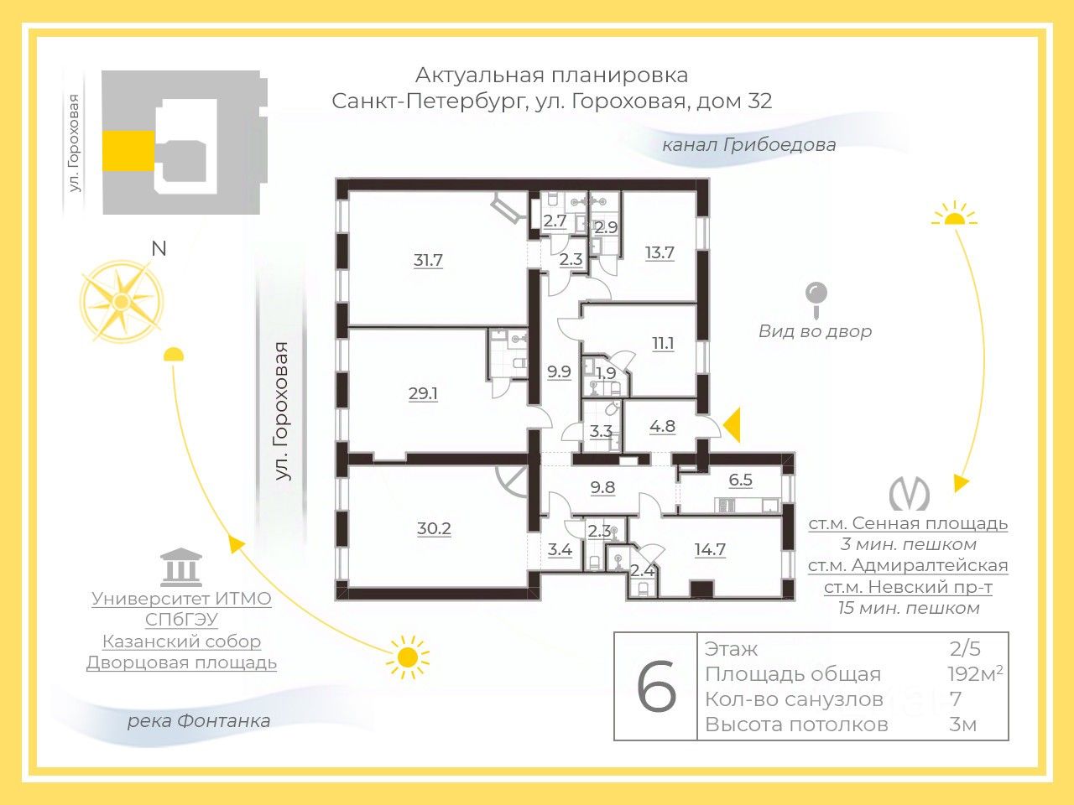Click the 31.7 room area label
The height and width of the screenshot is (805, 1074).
428,260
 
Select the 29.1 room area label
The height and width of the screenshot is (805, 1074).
423,392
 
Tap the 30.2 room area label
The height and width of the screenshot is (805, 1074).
434,528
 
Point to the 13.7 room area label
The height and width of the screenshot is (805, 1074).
660,252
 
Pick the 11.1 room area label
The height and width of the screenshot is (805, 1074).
663,343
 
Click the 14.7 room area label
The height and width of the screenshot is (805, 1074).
710,549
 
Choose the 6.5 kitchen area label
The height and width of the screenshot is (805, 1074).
741,480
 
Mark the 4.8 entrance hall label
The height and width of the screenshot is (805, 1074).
662,426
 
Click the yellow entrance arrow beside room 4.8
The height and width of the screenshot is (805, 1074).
733,425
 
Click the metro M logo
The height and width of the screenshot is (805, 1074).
909,494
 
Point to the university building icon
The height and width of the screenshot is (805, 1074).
181,567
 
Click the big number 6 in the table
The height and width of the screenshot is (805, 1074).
656,687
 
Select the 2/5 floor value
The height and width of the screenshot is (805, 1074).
965,648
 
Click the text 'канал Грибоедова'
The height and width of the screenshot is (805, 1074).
748,144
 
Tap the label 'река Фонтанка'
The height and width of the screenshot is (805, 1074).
199,721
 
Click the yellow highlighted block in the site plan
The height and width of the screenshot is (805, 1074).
128,151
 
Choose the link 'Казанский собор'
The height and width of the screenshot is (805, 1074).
181,641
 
